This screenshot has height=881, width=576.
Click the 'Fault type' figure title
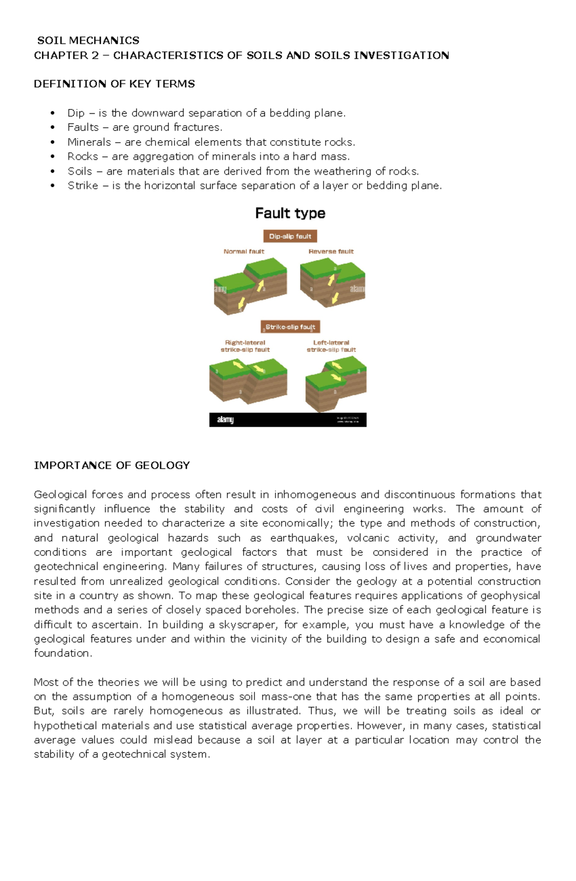tap(290, 213)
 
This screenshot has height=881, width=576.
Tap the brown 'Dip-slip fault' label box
tap(290, 236)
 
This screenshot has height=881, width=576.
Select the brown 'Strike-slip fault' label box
tap(290, 327)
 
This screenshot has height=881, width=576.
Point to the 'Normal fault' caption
tap(244, 251)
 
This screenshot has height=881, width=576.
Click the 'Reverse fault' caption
tap(331, 251)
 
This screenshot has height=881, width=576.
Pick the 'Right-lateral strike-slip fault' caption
tap(245, 346)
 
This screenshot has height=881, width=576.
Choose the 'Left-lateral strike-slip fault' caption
tap(331, 346)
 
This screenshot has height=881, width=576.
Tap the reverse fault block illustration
tap(332, 283)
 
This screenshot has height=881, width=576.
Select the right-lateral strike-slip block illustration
tap(248, 382)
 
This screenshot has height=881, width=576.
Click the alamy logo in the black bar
tap(225, 420)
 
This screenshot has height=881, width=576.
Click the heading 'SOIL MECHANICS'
tap(88, 40)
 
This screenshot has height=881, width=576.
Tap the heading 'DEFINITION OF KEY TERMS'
tap(114, 84)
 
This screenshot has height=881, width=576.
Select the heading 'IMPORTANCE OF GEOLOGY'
tap(112, 465)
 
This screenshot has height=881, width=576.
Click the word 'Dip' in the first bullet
tap(76, 113)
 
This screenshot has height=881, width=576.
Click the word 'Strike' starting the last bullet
tap(83, 186)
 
